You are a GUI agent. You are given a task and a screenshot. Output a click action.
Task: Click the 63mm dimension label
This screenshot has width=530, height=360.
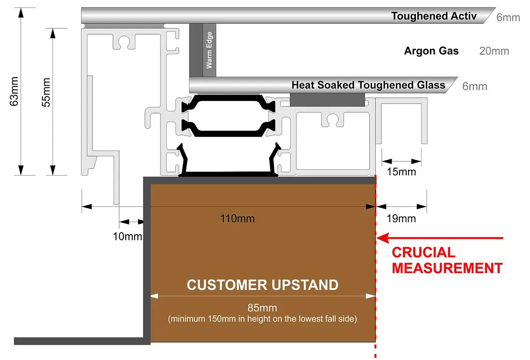(x=14, y=92)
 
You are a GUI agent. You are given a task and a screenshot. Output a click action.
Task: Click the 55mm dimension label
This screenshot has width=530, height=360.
(x=46, y=92)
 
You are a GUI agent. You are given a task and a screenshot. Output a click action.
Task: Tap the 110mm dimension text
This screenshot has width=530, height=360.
(x=237, y=218)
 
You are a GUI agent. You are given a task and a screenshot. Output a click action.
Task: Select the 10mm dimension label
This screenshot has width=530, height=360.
(x=128, y=236)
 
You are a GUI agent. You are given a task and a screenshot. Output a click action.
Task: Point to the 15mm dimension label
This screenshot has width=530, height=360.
(x=401, y=172)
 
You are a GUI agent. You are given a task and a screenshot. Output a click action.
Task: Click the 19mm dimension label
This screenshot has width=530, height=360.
(x=401, y=219)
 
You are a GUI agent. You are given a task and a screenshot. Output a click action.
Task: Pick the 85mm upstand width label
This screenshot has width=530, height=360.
(x=262, y=308)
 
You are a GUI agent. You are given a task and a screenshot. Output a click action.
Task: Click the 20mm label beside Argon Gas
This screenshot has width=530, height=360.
(x=494, y=51)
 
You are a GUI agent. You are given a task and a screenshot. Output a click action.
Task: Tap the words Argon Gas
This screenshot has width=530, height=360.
(x=431, y=50)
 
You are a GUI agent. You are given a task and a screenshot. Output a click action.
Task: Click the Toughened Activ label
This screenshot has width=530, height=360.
(x=434, y=16)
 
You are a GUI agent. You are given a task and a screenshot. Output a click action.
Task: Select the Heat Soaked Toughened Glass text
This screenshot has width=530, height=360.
(x=368, y=85)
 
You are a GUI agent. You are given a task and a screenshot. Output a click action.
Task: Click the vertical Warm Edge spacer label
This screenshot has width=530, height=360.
(x=209, y=50)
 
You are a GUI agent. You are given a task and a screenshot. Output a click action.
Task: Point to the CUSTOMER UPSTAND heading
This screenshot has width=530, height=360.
(x=263, y=285)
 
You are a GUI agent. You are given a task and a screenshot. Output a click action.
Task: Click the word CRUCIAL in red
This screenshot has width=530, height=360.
(x=423, y=252)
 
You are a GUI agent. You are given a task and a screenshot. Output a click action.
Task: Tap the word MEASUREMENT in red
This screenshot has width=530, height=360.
(x=447, y=268)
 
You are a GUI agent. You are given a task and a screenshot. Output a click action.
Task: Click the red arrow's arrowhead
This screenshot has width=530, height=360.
(x=382, y=238)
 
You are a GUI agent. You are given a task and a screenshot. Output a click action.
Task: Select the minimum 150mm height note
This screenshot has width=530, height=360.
(x=262, y=319)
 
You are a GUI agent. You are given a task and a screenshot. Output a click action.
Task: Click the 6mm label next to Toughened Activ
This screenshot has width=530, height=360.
(x=508, y=17)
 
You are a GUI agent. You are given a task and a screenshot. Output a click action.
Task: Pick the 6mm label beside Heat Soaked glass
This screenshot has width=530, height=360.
(x=474, y=86)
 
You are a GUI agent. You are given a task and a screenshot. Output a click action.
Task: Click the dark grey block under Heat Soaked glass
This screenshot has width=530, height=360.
(x=327, y=100)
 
